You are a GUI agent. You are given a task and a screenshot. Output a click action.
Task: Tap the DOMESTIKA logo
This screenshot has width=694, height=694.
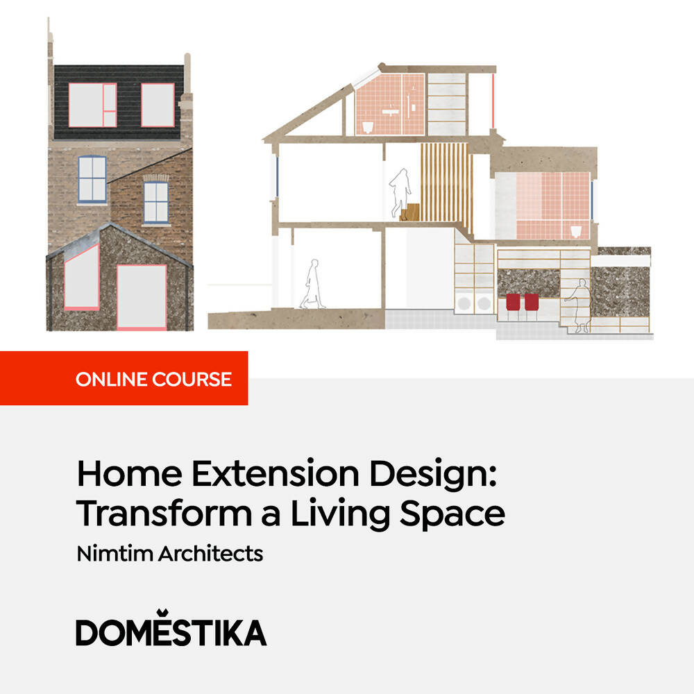[x=171, y=632]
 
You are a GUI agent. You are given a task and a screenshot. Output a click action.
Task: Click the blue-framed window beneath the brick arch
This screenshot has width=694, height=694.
[x=156, y=201]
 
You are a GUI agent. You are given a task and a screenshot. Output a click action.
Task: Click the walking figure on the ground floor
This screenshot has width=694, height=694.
[x=312, y=284]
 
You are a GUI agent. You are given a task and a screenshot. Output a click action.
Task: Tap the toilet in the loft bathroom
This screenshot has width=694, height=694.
[x=369, y=125]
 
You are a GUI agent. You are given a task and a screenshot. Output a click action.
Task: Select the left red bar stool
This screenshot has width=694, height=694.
[x=514, y=303]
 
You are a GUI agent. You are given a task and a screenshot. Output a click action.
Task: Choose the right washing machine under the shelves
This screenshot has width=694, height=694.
[x=484, y=304]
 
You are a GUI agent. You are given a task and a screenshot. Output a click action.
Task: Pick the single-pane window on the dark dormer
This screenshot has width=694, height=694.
[x=158, y=105]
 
